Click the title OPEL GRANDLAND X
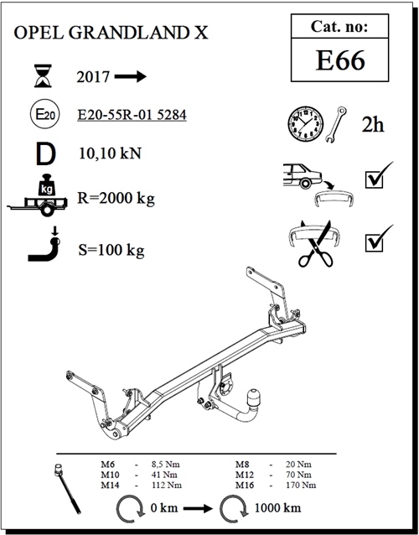(x=110, y=34)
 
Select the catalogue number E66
(x=340, y=61)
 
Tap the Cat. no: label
(x=340, y=27)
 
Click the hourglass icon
(x=40, y=77)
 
